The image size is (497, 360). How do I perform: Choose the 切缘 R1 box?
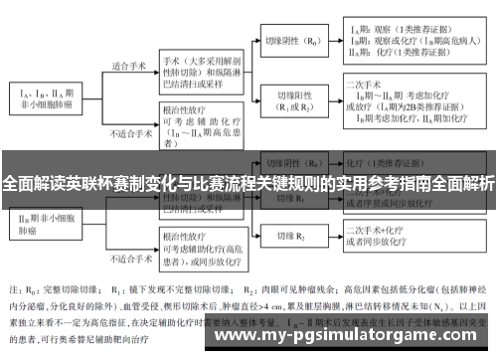pos(289,199)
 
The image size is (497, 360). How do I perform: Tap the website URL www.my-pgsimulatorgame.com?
pos(348,337)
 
